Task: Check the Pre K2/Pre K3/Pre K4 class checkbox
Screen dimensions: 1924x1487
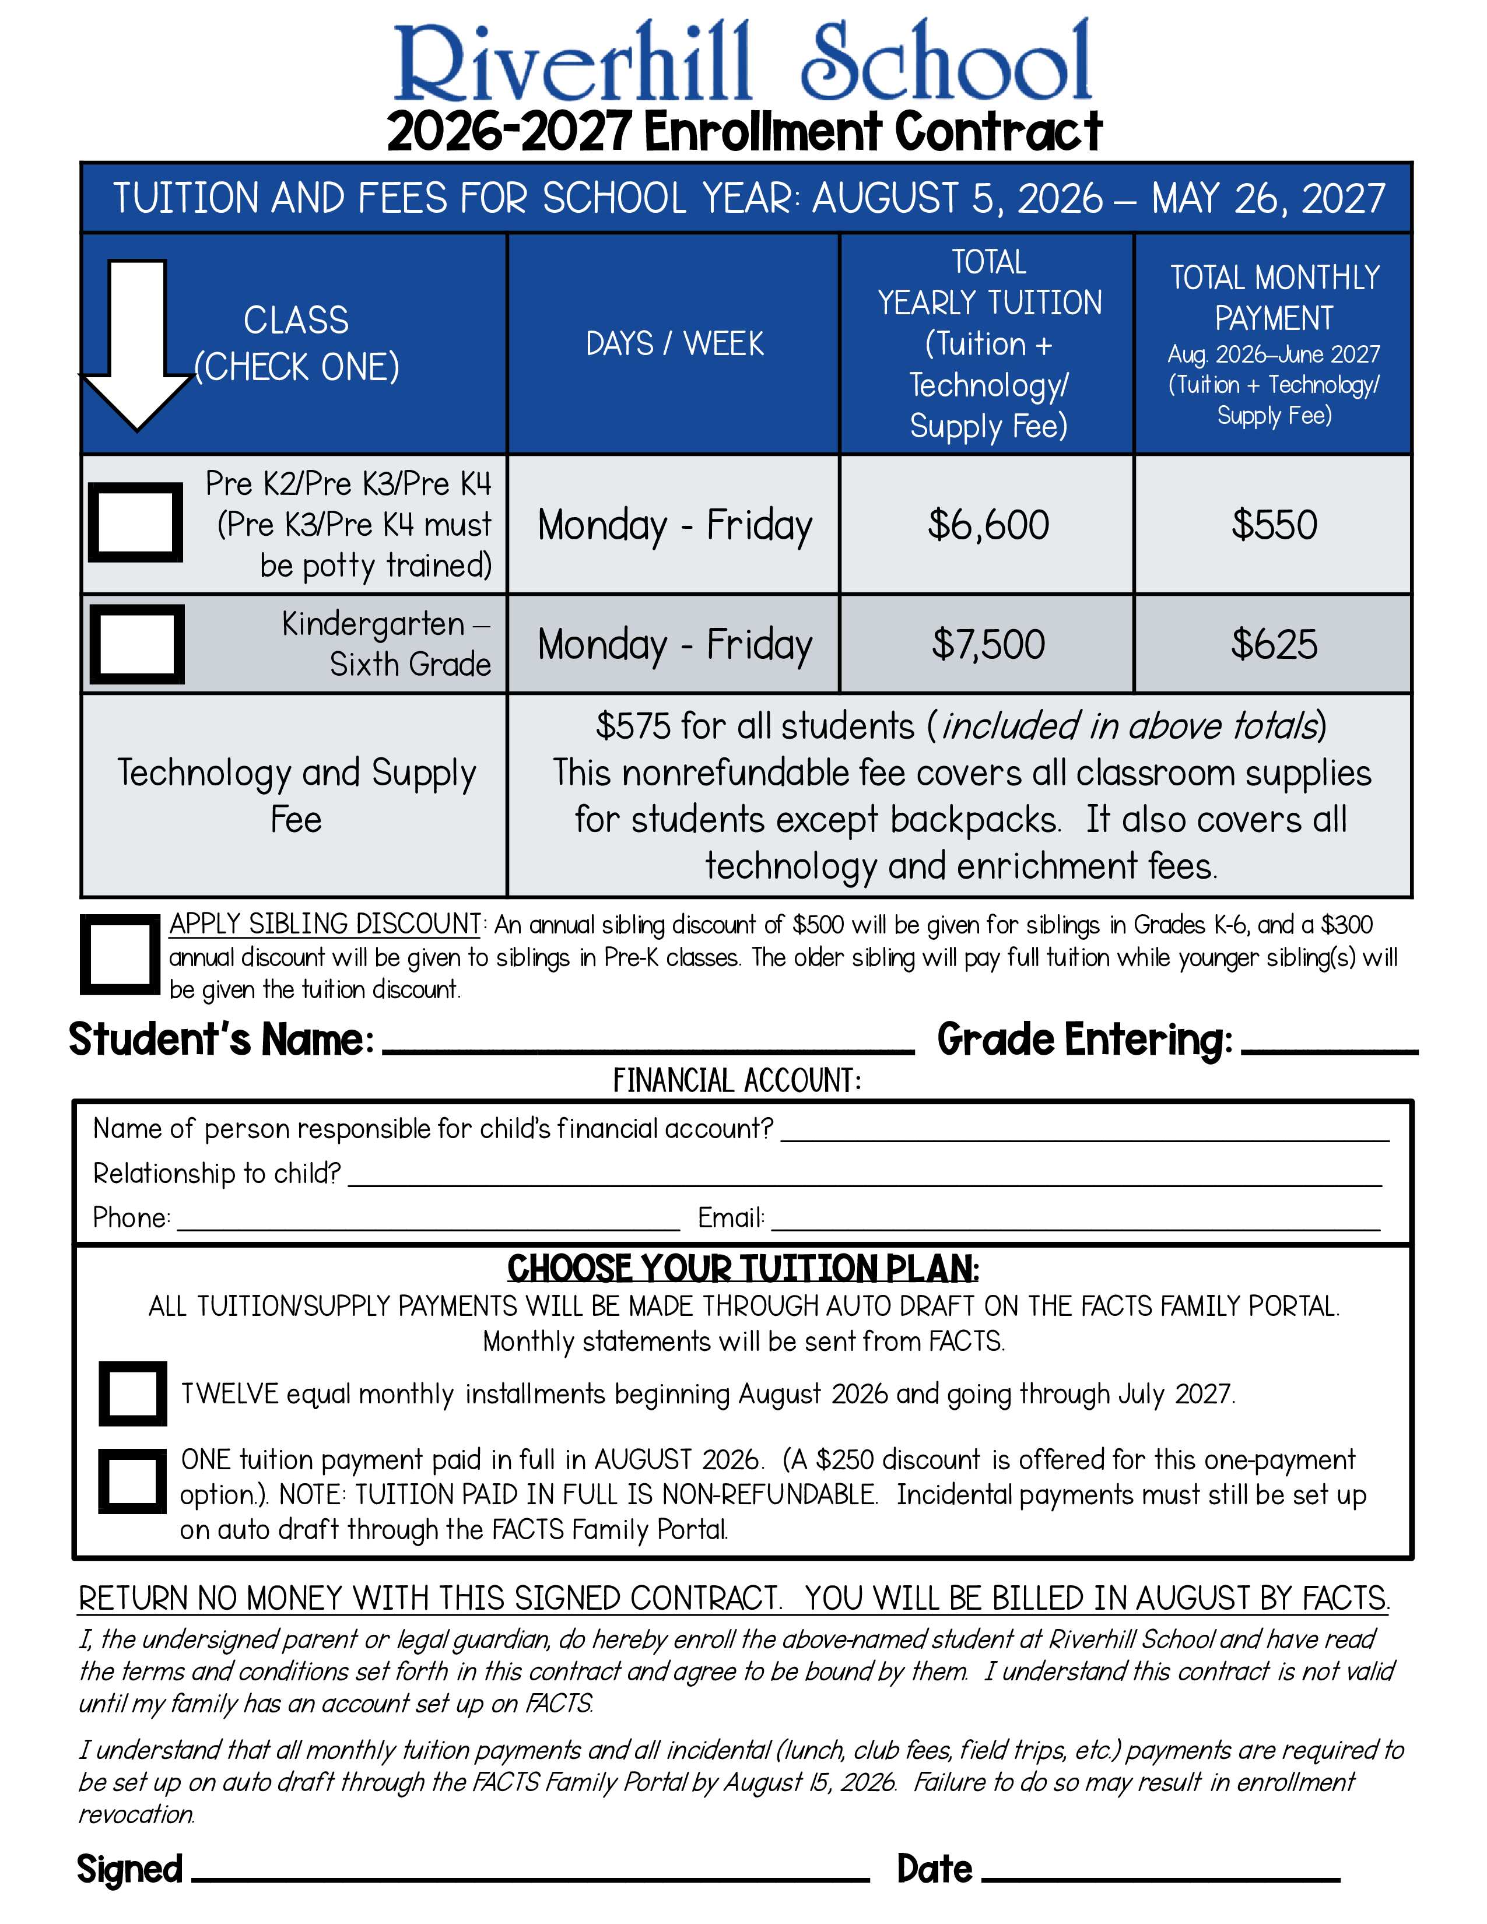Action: click(136, 522)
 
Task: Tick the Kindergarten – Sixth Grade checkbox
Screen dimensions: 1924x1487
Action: click(138, 644)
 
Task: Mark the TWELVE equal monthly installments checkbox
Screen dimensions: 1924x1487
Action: click(133, 1393)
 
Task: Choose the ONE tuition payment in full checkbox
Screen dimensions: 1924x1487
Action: click(133, 1481)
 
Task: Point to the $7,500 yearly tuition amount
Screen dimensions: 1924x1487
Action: click(987, 644)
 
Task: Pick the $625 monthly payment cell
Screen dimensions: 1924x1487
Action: click(1274, 644)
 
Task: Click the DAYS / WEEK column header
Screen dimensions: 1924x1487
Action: click(675, 343)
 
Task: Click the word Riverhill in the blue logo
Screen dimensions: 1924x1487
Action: click(573, 62)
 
